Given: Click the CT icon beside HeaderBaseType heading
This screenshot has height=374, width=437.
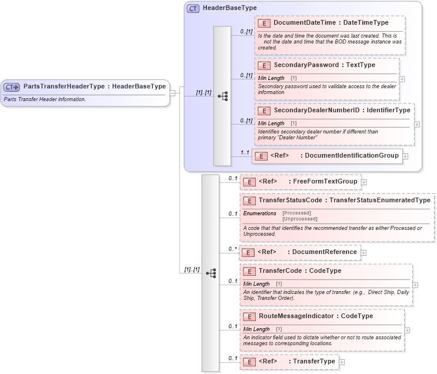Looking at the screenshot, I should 192,9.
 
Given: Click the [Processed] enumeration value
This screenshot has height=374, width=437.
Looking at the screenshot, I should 296,213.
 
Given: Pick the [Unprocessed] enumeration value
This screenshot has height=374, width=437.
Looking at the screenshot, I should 299,219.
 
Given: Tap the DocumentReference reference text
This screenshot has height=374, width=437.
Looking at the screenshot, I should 324,252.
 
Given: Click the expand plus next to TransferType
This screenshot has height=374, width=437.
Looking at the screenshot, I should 342,362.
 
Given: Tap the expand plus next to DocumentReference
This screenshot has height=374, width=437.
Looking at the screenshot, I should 363,252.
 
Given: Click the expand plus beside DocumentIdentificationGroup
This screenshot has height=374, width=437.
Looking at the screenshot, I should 405,156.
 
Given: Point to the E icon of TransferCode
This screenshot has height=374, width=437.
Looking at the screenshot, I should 249,271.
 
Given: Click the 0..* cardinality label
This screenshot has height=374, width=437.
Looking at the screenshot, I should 233,249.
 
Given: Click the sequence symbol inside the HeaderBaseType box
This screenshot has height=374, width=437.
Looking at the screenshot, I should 222,96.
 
